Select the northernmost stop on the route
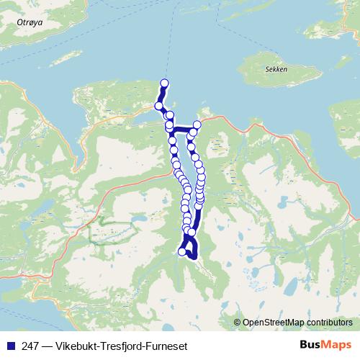(x=165, y=83)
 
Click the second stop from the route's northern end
(x=158, y=106)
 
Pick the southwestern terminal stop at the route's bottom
(x=181, y=251)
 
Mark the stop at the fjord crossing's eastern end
(x=197, y=125)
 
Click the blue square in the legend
(x=9, y=346)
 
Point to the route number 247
(x=30, y=346)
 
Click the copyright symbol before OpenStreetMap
(x=238, y=322)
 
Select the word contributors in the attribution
(x=329, y=322)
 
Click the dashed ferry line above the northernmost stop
(x=169, y=50)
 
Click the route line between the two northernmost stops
(x=162, y=94)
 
